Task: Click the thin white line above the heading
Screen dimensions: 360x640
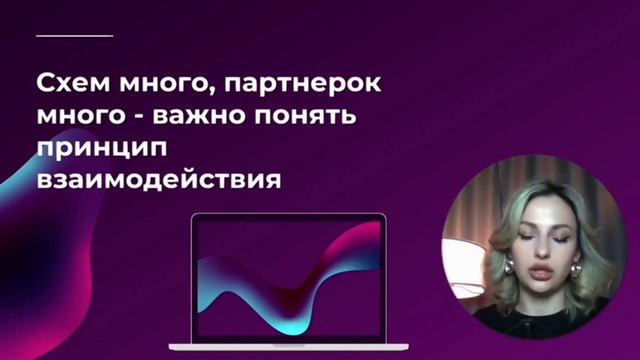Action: [74, 35]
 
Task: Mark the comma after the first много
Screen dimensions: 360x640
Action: [207, 91]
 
